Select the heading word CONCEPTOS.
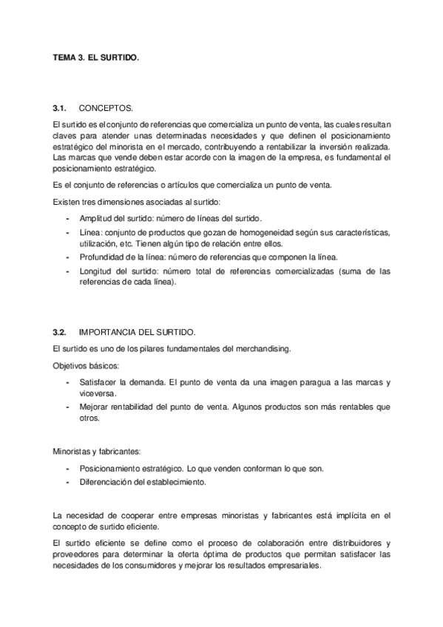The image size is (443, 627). click(106, 109)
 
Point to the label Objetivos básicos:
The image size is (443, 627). click(85, 366)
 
